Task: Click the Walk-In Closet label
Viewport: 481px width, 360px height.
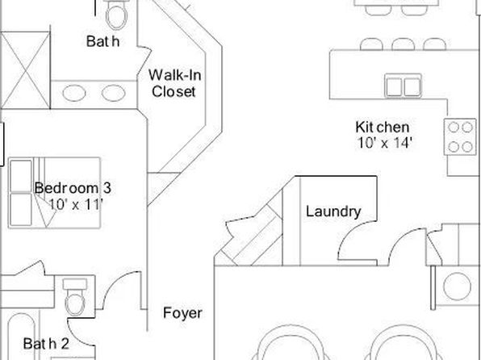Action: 174,83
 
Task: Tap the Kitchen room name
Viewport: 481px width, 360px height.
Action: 383,127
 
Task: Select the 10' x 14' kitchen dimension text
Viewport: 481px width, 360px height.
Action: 384,143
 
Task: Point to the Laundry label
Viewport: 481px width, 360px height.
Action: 333,211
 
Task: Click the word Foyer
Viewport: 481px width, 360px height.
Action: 182,313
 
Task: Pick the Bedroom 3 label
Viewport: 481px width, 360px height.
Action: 73,188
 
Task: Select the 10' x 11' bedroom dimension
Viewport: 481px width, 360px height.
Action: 76,204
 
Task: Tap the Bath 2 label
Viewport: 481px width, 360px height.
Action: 46,344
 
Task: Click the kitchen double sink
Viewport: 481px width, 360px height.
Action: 403,86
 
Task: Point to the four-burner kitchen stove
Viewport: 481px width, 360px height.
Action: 460,137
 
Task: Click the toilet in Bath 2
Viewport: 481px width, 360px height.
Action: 75,297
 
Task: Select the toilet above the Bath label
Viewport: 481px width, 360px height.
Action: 116,14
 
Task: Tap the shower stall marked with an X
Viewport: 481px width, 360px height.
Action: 26,70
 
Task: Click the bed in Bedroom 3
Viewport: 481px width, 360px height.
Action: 54,193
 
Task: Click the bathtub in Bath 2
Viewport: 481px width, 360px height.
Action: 21,337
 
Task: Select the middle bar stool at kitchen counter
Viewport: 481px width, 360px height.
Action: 403,44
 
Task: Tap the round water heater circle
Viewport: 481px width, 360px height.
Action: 457,287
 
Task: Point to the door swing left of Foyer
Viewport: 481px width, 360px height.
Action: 122,291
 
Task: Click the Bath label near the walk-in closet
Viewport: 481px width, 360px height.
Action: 102,41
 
